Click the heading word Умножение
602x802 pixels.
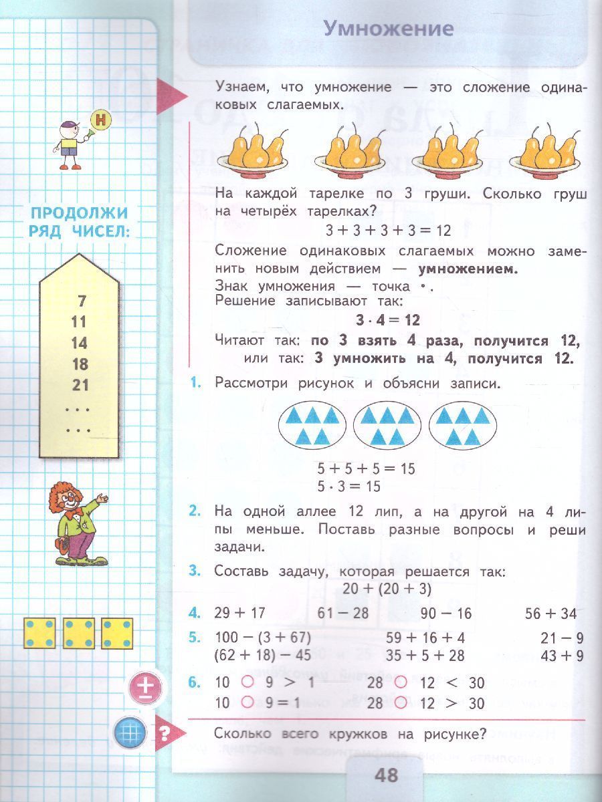[388, 29]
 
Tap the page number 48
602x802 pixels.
[387, 775]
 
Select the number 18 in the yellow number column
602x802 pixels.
[80, 364]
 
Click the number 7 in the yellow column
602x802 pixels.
[82, 301]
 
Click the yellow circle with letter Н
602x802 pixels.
[100, 121]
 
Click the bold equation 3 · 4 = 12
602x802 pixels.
[389, 320]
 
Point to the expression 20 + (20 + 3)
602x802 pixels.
[387, 589]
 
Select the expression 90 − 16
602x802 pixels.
[446, 614]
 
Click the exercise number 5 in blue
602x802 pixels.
[195, 637]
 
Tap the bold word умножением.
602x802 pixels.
[468, 269]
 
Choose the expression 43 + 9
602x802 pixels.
[562, 656]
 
